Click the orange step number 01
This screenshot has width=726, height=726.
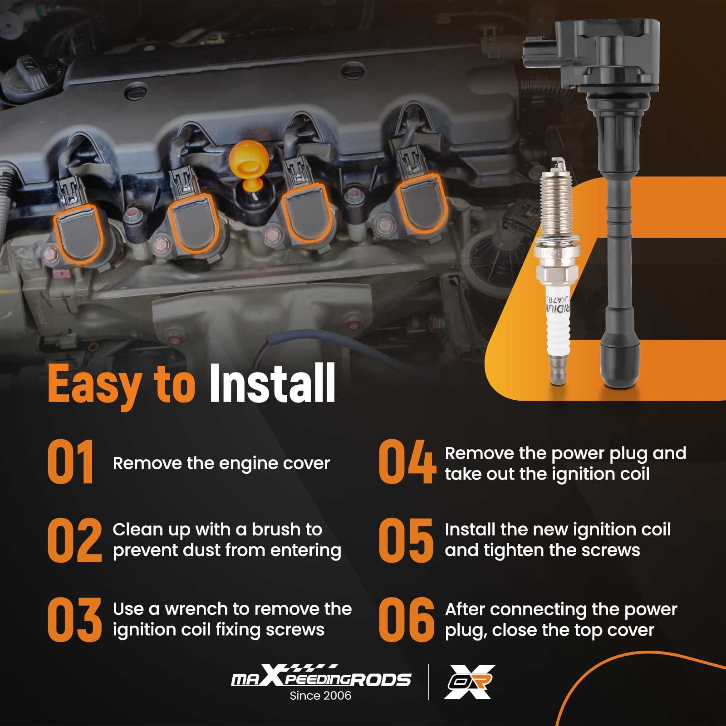coord(71,462)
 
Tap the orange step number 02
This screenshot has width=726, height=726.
coord(75,540)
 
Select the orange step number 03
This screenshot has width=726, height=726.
coord(75,620)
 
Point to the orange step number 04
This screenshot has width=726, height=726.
coord(407,462)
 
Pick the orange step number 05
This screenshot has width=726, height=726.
coord(406,540)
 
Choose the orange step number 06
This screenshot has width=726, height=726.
coord(407,620)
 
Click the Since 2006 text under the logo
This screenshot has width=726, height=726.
coord(320,696)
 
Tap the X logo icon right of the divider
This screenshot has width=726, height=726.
coord(469,682)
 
